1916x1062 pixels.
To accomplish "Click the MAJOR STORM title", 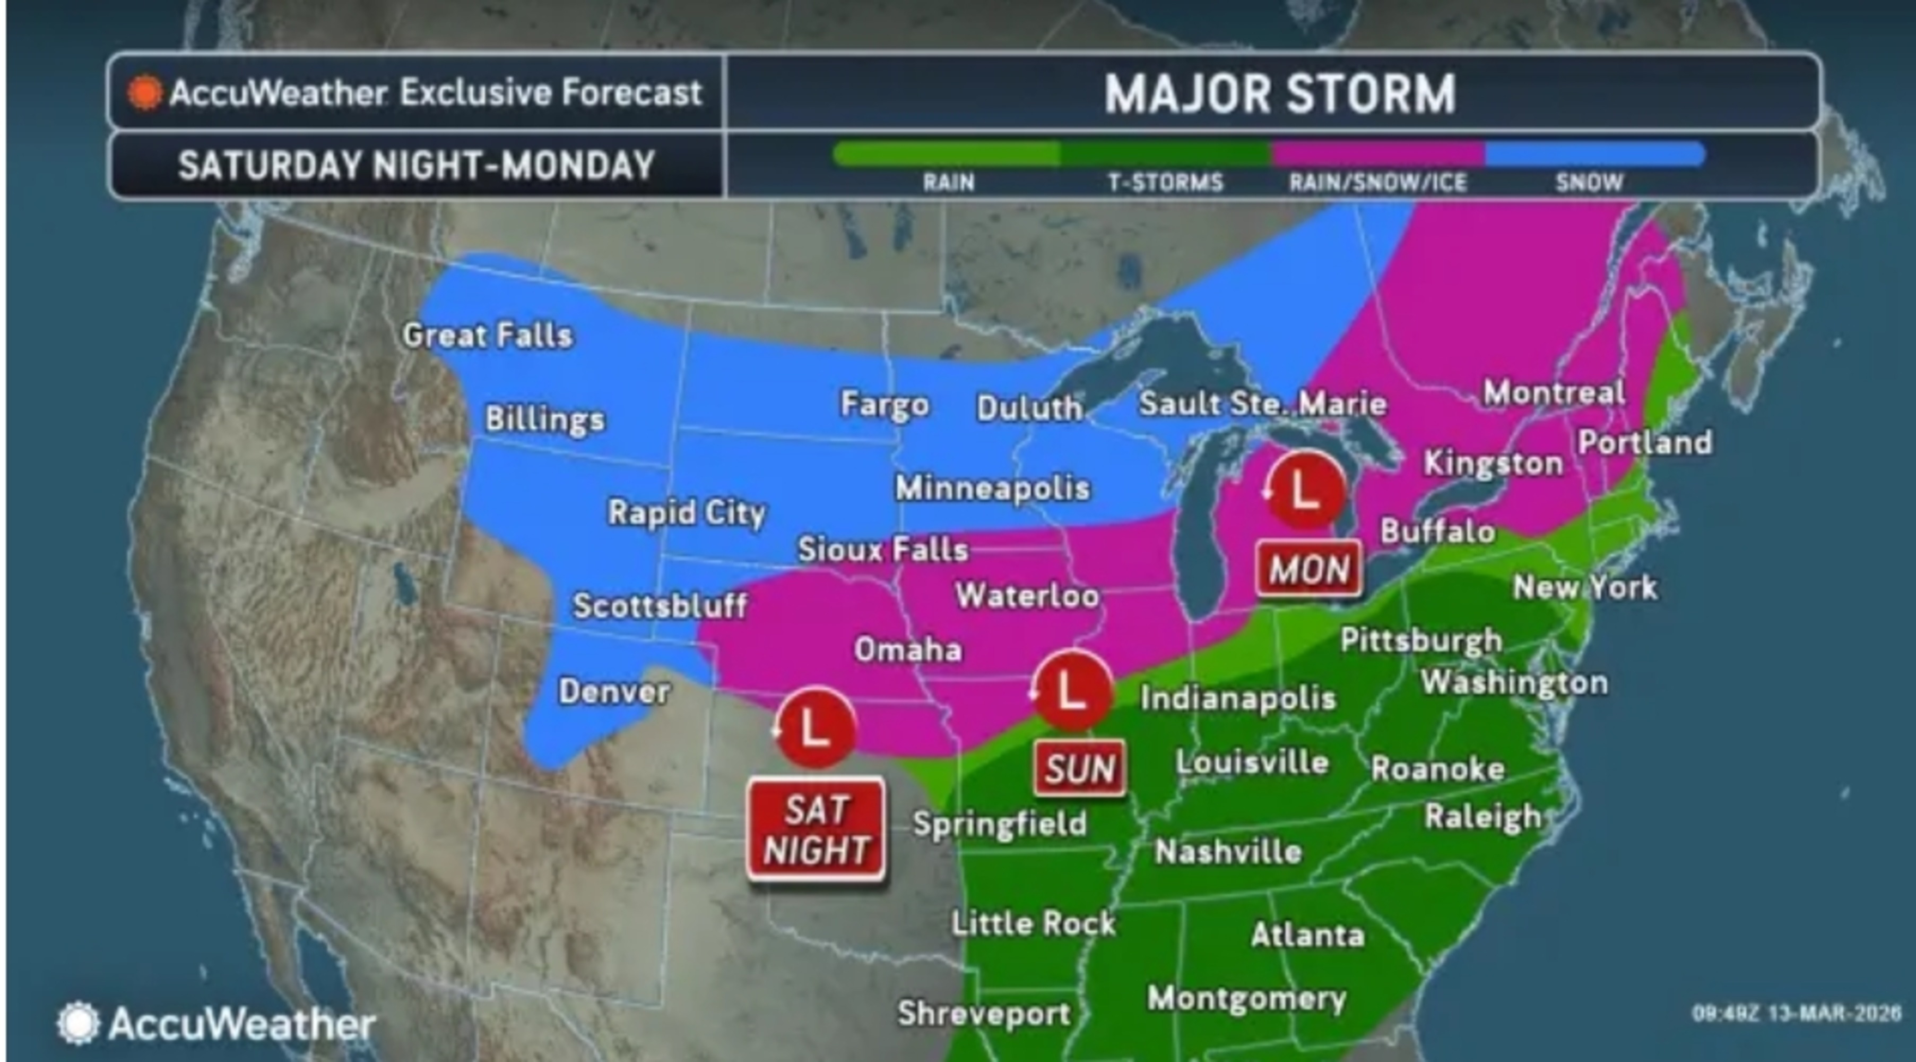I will pos(1279,94).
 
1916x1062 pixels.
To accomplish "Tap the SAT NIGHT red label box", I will pos(817,829).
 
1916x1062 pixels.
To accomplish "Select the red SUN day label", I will pos(1080,768).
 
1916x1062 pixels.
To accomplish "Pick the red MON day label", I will pos(1309,569).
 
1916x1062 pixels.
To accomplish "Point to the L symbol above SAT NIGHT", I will pos(814,726).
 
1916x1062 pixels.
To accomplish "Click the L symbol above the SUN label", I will pos(1072,690).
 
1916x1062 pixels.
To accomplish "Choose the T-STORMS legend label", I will pos(1166,182).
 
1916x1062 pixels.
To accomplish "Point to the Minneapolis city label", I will pos(993,488).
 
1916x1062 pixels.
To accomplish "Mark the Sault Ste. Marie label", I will pos(1263,404).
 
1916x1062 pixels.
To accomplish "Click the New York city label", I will pos(1585,587).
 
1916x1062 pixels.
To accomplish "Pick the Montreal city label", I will pos(1554,392).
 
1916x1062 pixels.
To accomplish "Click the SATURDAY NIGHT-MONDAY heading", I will pos(417,165).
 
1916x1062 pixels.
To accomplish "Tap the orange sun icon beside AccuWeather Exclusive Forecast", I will pos(145,93).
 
